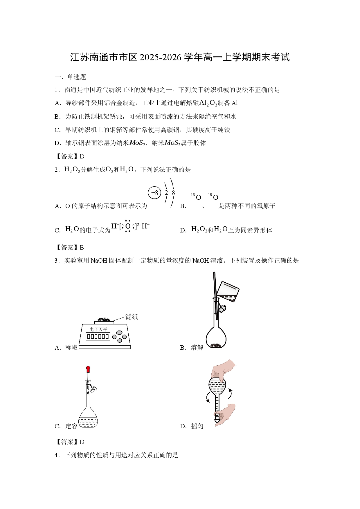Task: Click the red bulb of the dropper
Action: coord(88,369)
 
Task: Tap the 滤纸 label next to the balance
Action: coord(132,317)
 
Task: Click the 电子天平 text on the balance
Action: coord(98,329)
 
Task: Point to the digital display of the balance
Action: coord(98,337)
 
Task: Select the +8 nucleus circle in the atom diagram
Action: coord(154,193)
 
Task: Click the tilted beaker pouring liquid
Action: coord(228,291)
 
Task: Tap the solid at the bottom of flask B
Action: coord(216,345)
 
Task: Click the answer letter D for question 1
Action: coord(82,156)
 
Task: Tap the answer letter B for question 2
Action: coord(82,248)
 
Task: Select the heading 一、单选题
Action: coord(71,77)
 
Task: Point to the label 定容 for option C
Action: coord(71,426)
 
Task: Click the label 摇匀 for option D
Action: coord(197,426)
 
